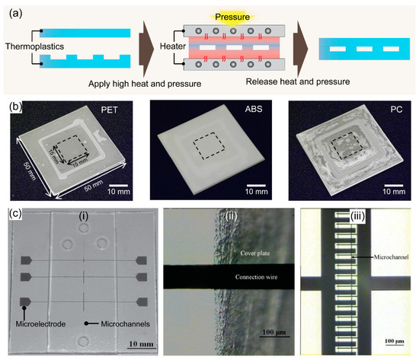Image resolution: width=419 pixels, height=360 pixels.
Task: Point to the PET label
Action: (117, 110)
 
